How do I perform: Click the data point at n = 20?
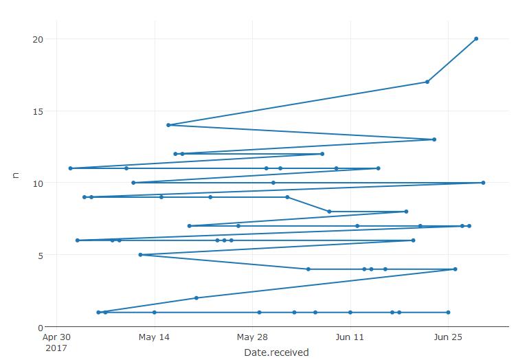click(x=476, y=39)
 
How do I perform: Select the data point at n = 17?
click(x=427, y=82)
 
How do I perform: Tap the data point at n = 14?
click(x=168, y=125)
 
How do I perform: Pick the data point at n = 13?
click(x=434, y=139)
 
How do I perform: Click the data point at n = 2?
click(x=196, y=298)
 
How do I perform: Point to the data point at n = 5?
click(x=140, y=255)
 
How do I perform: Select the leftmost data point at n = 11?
click(x=71, y=168)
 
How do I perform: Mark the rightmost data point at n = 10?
click(x=483, y=183)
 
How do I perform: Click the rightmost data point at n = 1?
click(x=448, y=313)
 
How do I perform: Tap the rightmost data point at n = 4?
click(x=455, y=269)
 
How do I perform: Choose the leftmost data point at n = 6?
click(x=78, y=240)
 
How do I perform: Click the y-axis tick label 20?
click(x=38, y=39)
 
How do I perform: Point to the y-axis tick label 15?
click(x=38, y=111)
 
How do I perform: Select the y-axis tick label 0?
click(x=41, y=327)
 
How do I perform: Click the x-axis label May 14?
click(x=154, y=337)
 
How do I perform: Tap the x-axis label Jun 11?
click(x=350, y=337)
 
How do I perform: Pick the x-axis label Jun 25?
click(x=448, y=337)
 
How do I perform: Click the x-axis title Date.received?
click(x=276, y=352)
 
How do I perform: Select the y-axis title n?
click(x=16, y=175)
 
